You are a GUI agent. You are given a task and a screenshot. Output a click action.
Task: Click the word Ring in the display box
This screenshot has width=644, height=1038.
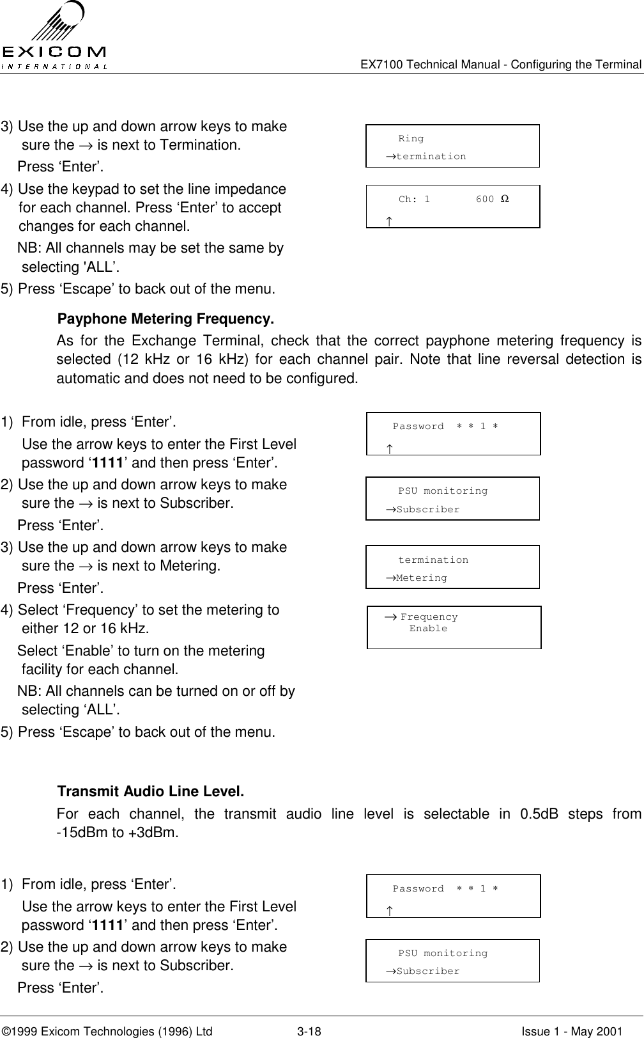click(x=410, y=139)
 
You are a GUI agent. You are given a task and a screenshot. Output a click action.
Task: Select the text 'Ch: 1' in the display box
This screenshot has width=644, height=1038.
click(x=414, y=200)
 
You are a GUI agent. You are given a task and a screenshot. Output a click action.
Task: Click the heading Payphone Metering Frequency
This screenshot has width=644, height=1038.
click(x=165, y=319)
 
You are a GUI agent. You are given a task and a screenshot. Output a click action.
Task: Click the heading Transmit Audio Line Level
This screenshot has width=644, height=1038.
click(x=151, y=792)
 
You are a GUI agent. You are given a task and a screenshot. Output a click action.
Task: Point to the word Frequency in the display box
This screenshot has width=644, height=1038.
click(x=429, y=617)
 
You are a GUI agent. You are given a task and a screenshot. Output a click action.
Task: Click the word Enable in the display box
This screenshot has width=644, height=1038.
click(x=428, y=629)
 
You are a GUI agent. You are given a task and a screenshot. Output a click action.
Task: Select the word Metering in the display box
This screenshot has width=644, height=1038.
click(x=421, y=578)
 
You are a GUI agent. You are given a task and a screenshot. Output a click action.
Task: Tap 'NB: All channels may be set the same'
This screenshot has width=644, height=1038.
click(x=150, y=248)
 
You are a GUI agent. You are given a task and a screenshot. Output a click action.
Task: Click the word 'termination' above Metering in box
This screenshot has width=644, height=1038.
click(x=433, y=560)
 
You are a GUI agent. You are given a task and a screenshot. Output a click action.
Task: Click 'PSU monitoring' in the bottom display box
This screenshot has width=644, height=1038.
click(x=443, y=954)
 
